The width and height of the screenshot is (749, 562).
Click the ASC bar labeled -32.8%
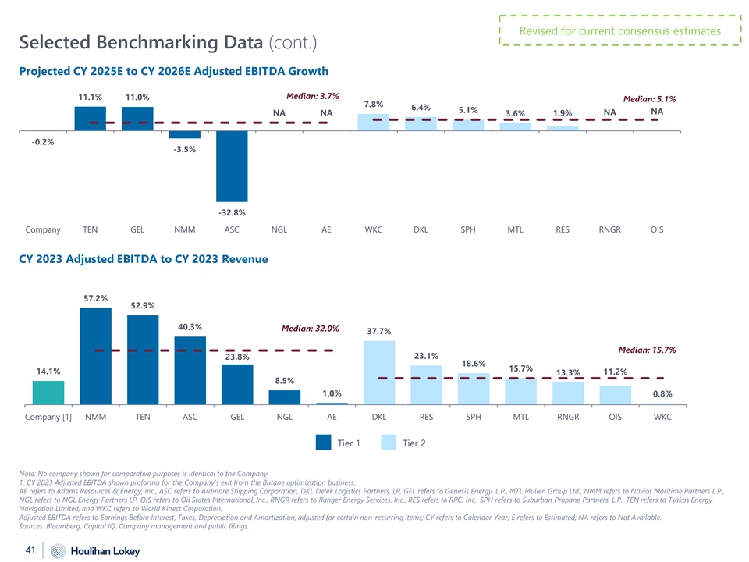[x=232, y=166]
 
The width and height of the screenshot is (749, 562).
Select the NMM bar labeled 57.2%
[x=96, y=356]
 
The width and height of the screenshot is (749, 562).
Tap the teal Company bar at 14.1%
[x=48, y=393]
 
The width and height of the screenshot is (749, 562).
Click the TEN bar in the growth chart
[x=91, y=119]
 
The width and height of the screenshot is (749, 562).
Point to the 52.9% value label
[x=143, y=305]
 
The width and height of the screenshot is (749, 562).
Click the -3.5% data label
[x=185, y=149]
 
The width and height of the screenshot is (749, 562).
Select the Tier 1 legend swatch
[x=323, y=443]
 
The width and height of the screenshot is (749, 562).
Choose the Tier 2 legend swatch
[x=389, y=443]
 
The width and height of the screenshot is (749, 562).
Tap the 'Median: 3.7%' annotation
[x=312, y=96]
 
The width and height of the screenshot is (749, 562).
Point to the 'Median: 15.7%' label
[x=647, y=349]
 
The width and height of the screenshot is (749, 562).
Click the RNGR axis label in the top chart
[x=609, y=230]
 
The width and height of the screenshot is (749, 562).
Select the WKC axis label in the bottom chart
[x=662, y=418]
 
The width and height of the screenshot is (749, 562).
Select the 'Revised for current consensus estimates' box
[x=619, y=31]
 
